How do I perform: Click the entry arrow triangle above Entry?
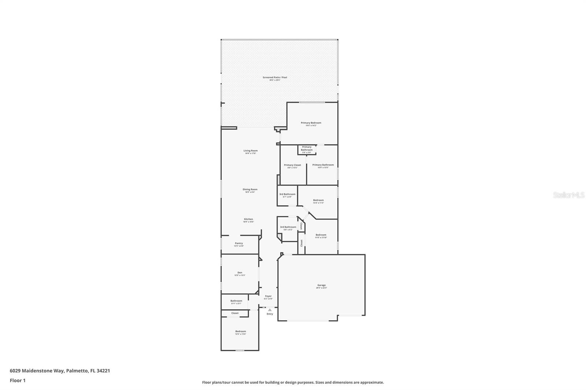[x=270, y=310]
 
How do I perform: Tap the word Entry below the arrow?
[x=270, y=314]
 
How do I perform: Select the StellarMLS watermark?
[x=568, y=195]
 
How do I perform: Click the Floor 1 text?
[x=18, y=380]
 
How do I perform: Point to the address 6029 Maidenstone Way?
[x=60, y=371]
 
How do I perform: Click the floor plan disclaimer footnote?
[x=293, y=382]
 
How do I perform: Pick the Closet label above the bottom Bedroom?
[x=235, y=313]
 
